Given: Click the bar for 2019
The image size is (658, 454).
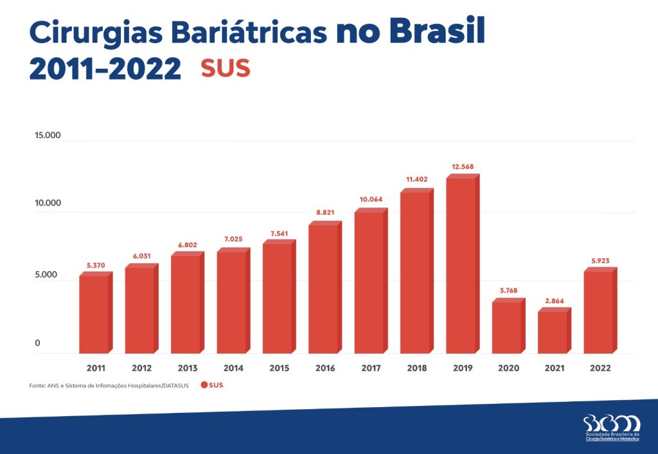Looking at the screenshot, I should [463, 265].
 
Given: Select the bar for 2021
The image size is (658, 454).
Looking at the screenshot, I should [554, 331].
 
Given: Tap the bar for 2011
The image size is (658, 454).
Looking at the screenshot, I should [95, 313].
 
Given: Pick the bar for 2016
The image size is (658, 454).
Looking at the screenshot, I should [325, 288].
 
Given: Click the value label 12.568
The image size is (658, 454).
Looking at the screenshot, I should [463, 167].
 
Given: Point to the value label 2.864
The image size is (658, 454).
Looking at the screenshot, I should [554, 301].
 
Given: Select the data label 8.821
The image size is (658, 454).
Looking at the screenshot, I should [325, 212].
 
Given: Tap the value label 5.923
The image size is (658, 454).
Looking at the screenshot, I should [600, 261].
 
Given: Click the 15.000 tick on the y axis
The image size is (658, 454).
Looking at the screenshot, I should [48, 135].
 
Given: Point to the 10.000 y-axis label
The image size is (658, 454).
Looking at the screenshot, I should [48, 203].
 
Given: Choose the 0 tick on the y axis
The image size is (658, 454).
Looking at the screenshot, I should [37, 343].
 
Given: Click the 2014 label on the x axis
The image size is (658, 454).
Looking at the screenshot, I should [233, 369].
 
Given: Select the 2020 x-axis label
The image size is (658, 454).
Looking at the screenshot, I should [508, 369].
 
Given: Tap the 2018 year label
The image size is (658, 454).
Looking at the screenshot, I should [416, 369].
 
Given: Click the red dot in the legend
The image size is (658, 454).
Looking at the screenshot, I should [204, 385].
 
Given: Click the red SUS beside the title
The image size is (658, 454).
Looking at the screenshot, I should [225, 69].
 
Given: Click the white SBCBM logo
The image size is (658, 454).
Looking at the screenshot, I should [612, 423].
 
